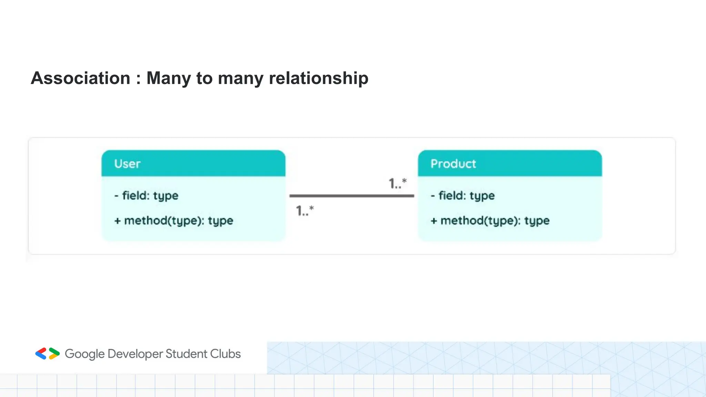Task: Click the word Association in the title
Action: (x=81, y=78)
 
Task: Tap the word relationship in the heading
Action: (x=319, y=78)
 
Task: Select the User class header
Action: (x=193, y=163)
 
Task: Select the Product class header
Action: (x=510, y=163)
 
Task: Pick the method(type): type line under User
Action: (x=178, y=221)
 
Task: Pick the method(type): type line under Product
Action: (x=495, y=221)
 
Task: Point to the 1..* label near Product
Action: (x=397, y=183)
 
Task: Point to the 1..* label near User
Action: (x=305, y=210)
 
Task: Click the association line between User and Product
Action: (x=352, y=196)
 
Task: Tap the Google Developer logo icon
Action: (x=48, y=354)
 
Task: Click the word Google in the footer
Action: (x=84, y=354)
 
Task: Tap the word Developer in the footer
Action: (x=135, y=354)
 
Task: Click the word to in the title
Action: (x=204, y=78)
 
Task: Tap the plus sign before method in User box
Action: (x=118, y=221)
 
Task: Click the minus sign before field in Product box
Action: (x=433, y=196)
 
